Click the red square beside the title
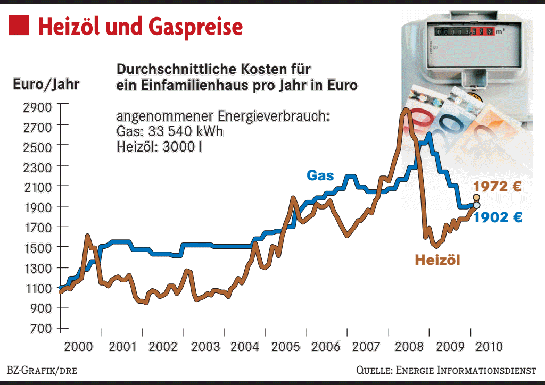[x=19, y=25]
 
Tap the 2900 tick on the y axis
[x=38, y=107]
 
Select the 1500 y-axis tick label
[x=38, y=248]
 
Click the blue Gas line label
[x=320, y=175]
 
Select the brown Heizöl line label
[x=437, y=260]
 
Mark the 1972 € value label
[x=497, y=187]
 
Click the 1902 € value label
[x=498, y=217]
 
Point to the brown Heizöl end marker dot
[x=476, y=197]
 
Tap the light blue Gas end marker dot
[x=476, y=205]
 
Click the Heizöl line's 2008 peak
[x=406, y=110]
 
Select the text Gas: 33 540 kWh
[x=170, y=131]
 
